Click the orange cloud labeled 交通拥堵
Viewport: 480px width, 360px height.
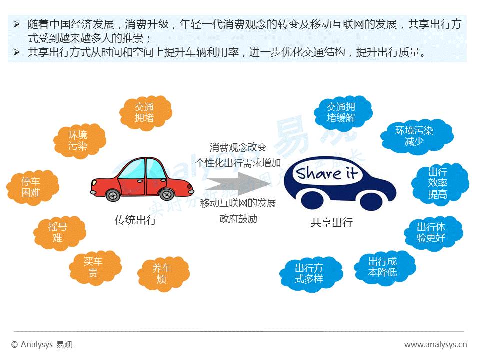(145, 112)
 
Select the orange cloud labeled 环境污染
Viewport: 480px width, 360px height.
(78, 140)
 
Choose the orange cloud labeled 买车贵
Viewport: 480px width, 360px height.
(93, 267)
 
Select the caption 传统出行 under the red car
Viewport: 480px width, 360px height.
(135, 220)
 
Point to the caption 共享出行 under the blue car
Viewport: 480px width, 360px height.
(331, 223)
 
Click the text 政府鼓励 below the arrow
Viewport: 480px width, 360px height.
(238, 219)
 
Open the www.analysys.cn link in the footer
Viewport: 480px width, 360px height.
(435, 344)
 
